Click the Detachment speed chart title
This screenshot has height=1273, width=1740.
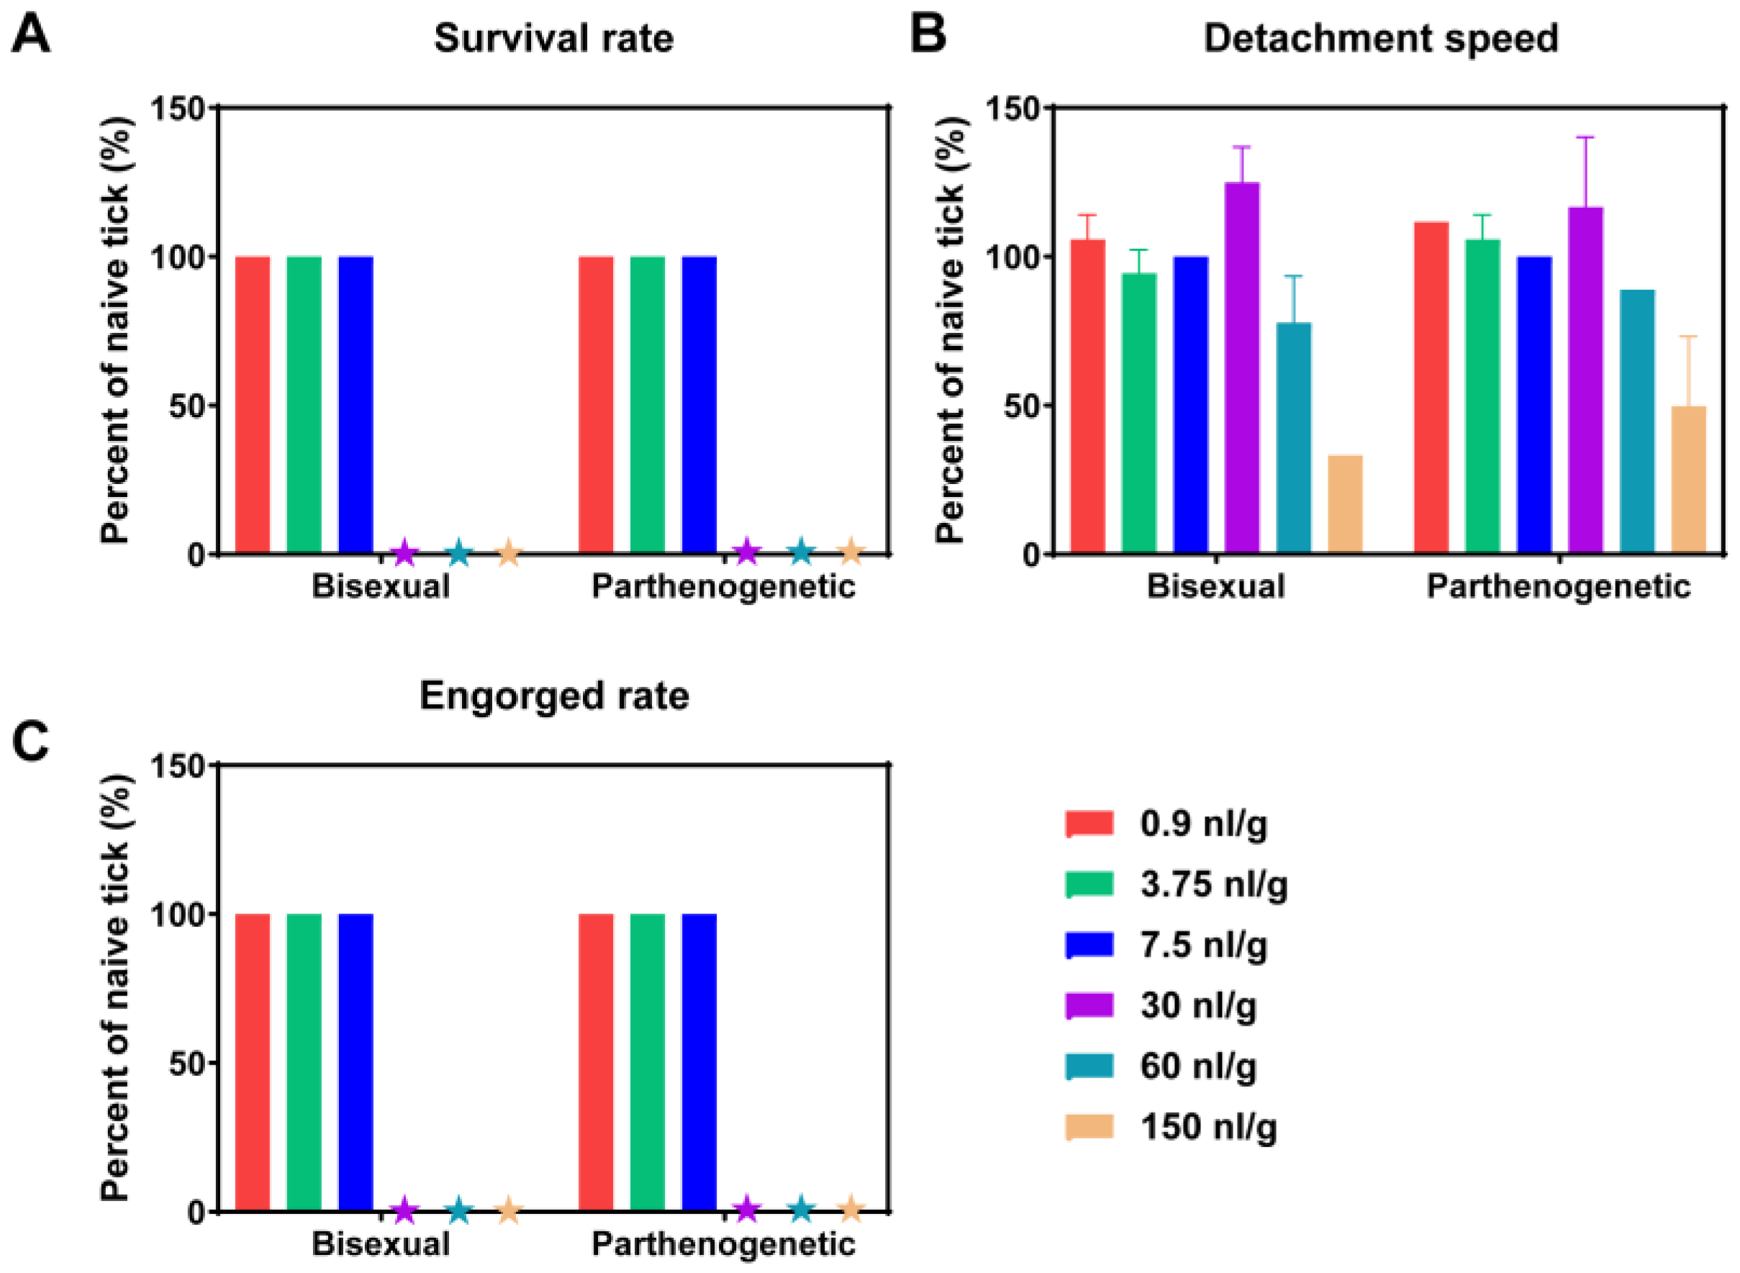point(1381,40)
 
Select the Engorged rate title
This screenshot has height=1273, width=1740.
point(554,698)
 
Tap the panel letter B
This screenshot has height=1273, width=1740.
point(929,35)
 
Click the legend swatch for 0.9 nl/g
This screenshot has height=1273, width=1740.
point(1089,823)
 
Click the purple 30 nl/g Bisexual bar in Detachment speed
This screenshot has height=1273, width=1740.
point(1242,368)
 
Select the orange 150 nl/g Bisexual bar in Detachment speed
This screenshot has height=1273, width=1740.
point(1345,504)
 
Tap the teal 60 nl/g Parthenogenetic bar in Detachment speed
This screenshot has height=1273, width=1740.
point(1638,421)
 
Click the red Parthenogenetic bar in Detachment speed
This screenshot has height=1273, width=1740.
point(1431,388)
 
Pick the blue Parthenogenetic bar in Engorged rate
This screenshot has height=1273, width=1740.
point(699,1063)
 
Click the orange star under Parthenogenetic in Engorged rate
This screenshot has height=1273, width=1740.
point(851,1209)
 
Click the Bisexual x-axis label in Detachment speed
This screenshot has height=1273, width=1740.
point(1215,586)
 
